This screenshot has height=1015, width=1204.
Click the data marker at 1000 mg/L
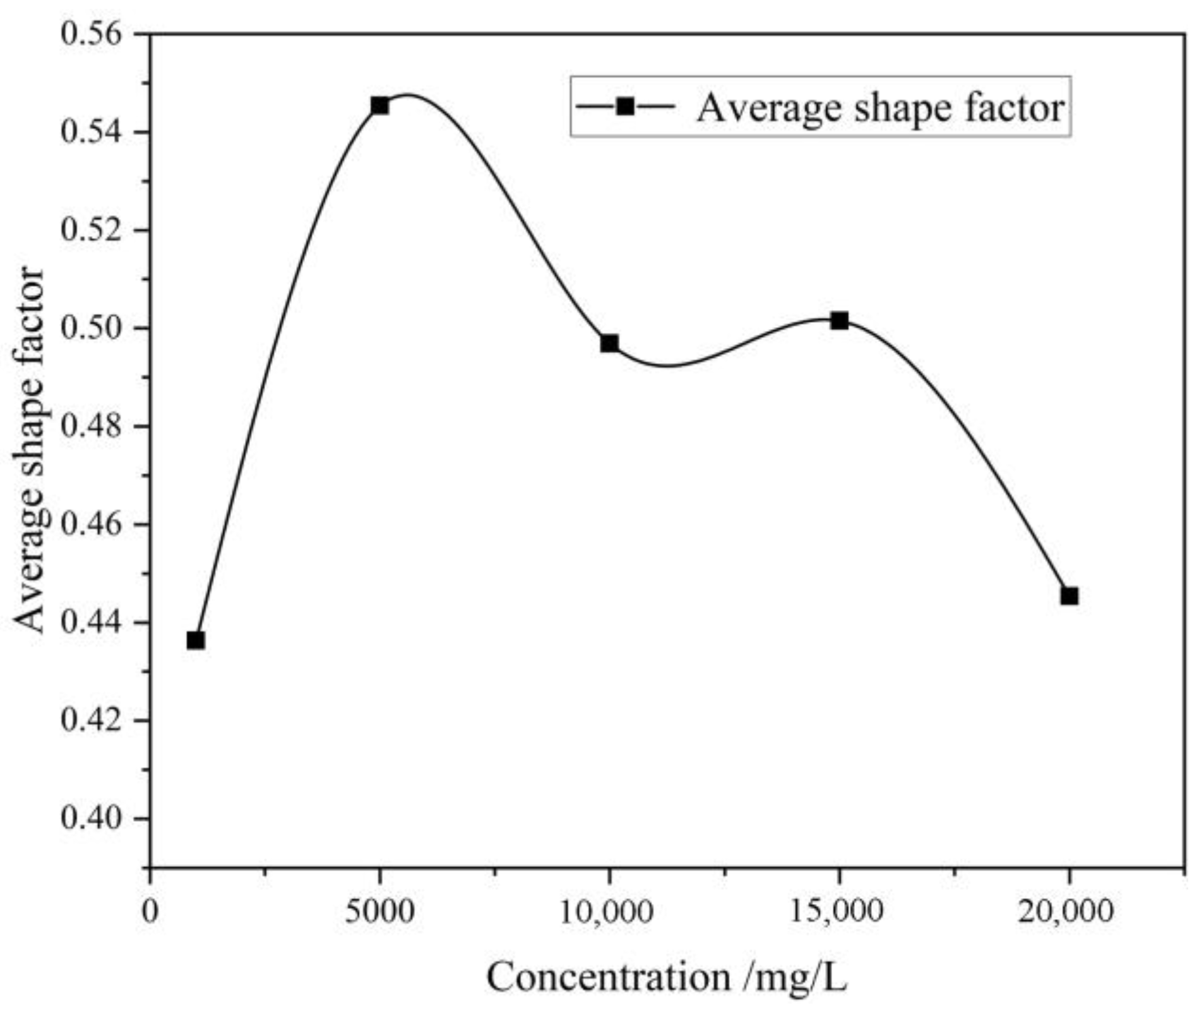196,640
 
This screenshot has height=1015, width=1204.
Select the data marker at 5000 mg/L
379,105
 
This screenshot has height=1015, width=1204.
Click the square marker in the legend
625,106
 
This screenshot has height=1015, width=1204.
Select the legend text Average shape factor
880,107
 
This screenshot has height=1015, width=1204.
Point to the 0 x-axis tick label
150,912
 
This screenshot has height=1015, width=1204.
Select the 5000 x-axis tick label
379,912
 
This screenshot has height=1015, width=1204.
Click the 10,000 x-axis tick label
609,912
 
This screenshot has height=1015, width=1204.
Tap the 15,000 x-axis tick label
838,912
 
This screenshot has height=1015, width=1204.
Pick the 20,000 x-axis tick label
1068,912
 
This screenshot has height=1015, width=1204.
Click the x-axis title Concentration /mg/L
666,978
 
